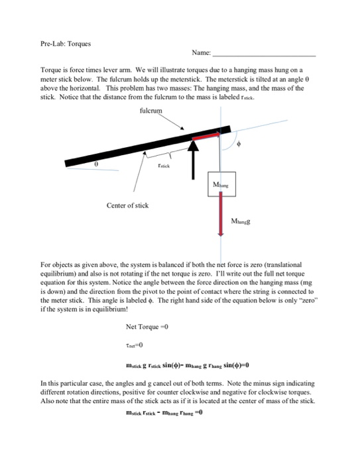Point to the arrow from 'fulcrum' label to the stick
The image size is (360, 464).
pos(176,123)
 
